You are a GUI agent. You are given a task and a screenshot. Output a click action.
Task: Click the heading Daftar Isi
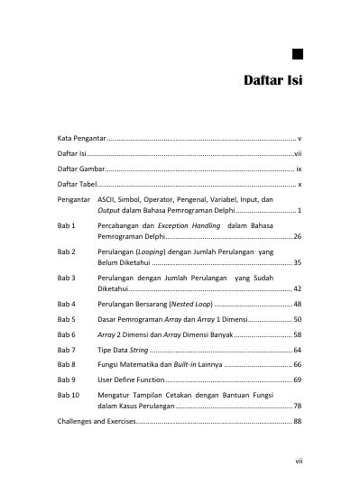[272, 81]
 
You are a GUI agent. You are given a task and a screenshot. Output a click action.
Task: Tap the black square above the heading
[297, 52]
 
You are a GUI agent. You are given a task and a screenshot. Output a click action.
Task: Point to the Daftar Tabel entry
[78, 183]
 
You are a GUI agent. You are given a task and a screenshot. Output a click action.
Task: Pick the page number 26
[297, 235]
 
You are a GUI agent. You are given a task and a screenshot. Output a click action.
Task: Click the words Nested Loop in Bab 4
[191, 305]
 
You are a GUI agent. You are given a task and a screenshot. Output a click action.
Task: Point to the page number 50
[297, 319]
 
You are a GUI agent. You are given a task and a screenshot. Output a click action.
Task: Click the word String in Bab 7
[138, 349]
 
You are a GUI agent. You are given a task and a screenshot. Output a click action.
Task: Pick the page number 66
[297, 363]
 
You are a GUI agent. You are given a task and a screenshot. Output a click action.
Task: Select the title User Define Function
[131, 380]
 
